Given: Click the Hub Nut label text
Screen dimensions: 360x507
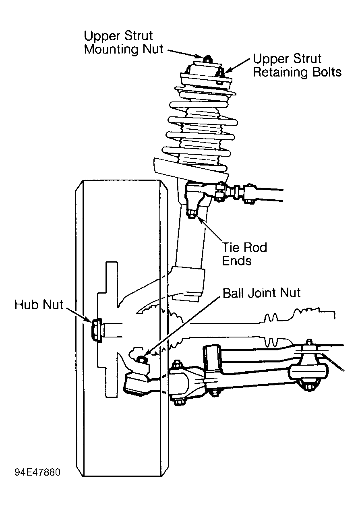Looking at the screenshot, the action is (39, 305).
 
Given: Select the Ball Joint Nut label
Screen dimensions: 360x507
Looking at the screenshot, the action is (262, 293).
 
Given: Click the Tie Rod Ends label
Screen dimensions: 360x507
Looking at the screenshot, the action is (244, 254).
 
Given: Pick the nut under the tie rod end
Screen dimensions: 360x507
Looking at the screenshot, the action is (192, 214).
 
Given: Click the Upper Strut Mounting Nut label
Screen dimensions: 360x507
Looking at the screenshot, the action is (124, 43).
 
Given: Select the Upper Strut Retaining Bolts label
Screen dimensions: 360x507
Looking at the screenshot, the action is (297, 66).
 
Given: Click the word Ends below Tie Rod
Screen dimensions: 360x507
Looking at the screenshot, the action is (237, 261).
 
